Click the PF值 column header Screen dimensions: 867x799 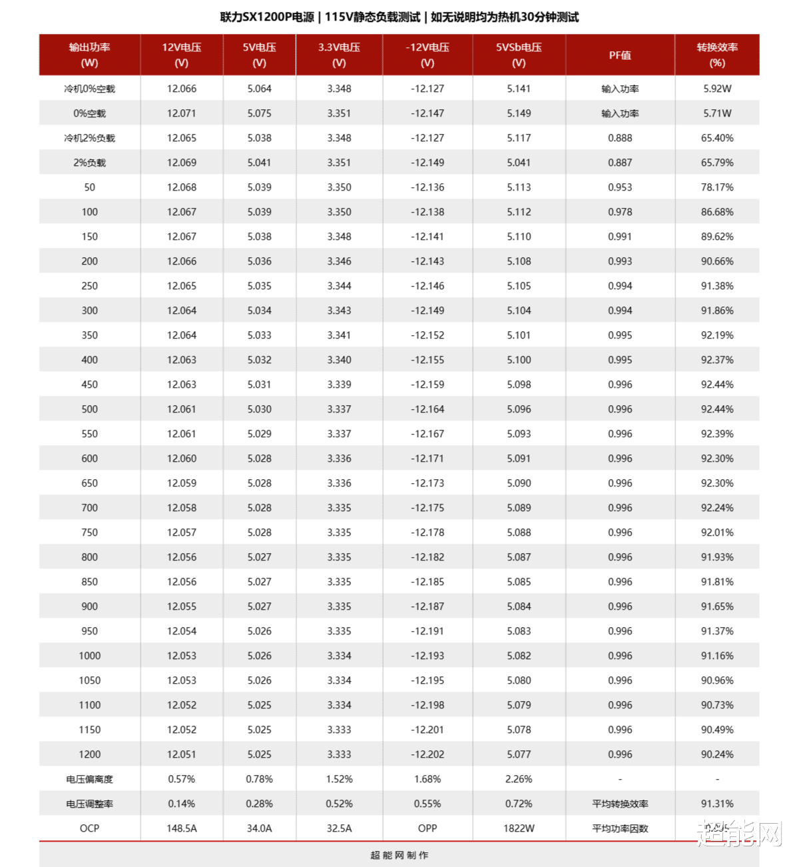620,55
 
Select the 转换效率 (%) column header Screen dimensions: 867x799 717,55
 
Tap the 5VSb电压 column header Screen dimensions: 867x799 519,55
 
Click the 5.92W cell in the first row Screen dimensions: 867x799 717,89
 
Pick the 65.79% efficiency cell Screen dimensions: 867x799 717,163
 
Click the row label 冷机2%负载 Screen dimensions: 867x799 89,138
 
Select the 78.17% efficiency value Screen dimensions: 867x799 717,187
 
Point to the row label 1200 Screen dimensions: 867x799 89,754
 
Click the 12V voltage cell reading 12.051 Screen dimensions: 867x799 181,754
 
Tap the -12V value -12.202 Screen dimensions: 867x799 427,754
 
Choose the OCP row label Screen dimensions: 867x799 89,828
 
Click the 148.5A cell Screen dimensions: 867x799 181,828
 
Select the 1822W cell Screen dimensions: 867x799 519,828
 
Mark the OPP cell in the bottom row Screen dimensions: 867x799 427,828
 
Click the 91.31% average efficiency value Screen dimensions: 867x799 717,804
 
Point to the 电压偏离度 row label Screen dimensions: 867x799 89,779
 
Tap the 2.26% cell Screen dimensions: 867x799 519,779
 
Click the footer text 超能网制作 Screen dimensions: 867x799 400,855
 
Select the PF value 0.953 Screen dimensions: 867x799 620,187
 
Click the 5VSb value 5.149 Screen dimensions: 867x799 519,113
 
